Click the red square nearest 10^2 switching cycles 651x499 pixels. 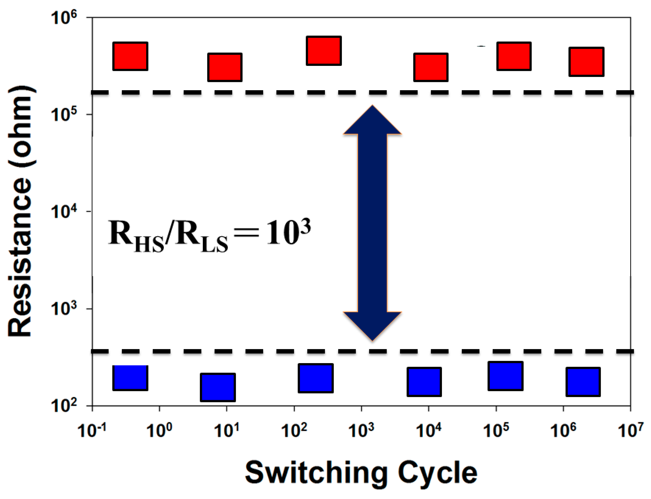coord(324,51)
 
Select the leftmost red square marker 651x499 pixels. coord(130,56)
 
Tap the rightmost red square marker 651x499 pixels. coord(586,62)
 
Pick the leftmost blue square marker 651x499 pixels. coord(130,378)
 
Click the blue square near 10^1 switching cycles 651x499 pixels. coord(218,387)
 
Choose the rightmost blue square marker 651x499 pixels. coord(583,382)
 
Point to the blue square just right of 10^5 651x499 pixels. coord(506,376)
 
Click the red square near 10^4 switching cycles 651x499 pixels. coord(431,67)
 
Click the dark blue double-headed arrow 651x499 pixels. coord(372,223)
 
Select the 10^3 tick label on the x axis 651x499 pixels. coord(361,431)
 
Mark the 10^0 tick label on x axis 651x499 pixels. coord(159,431)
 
